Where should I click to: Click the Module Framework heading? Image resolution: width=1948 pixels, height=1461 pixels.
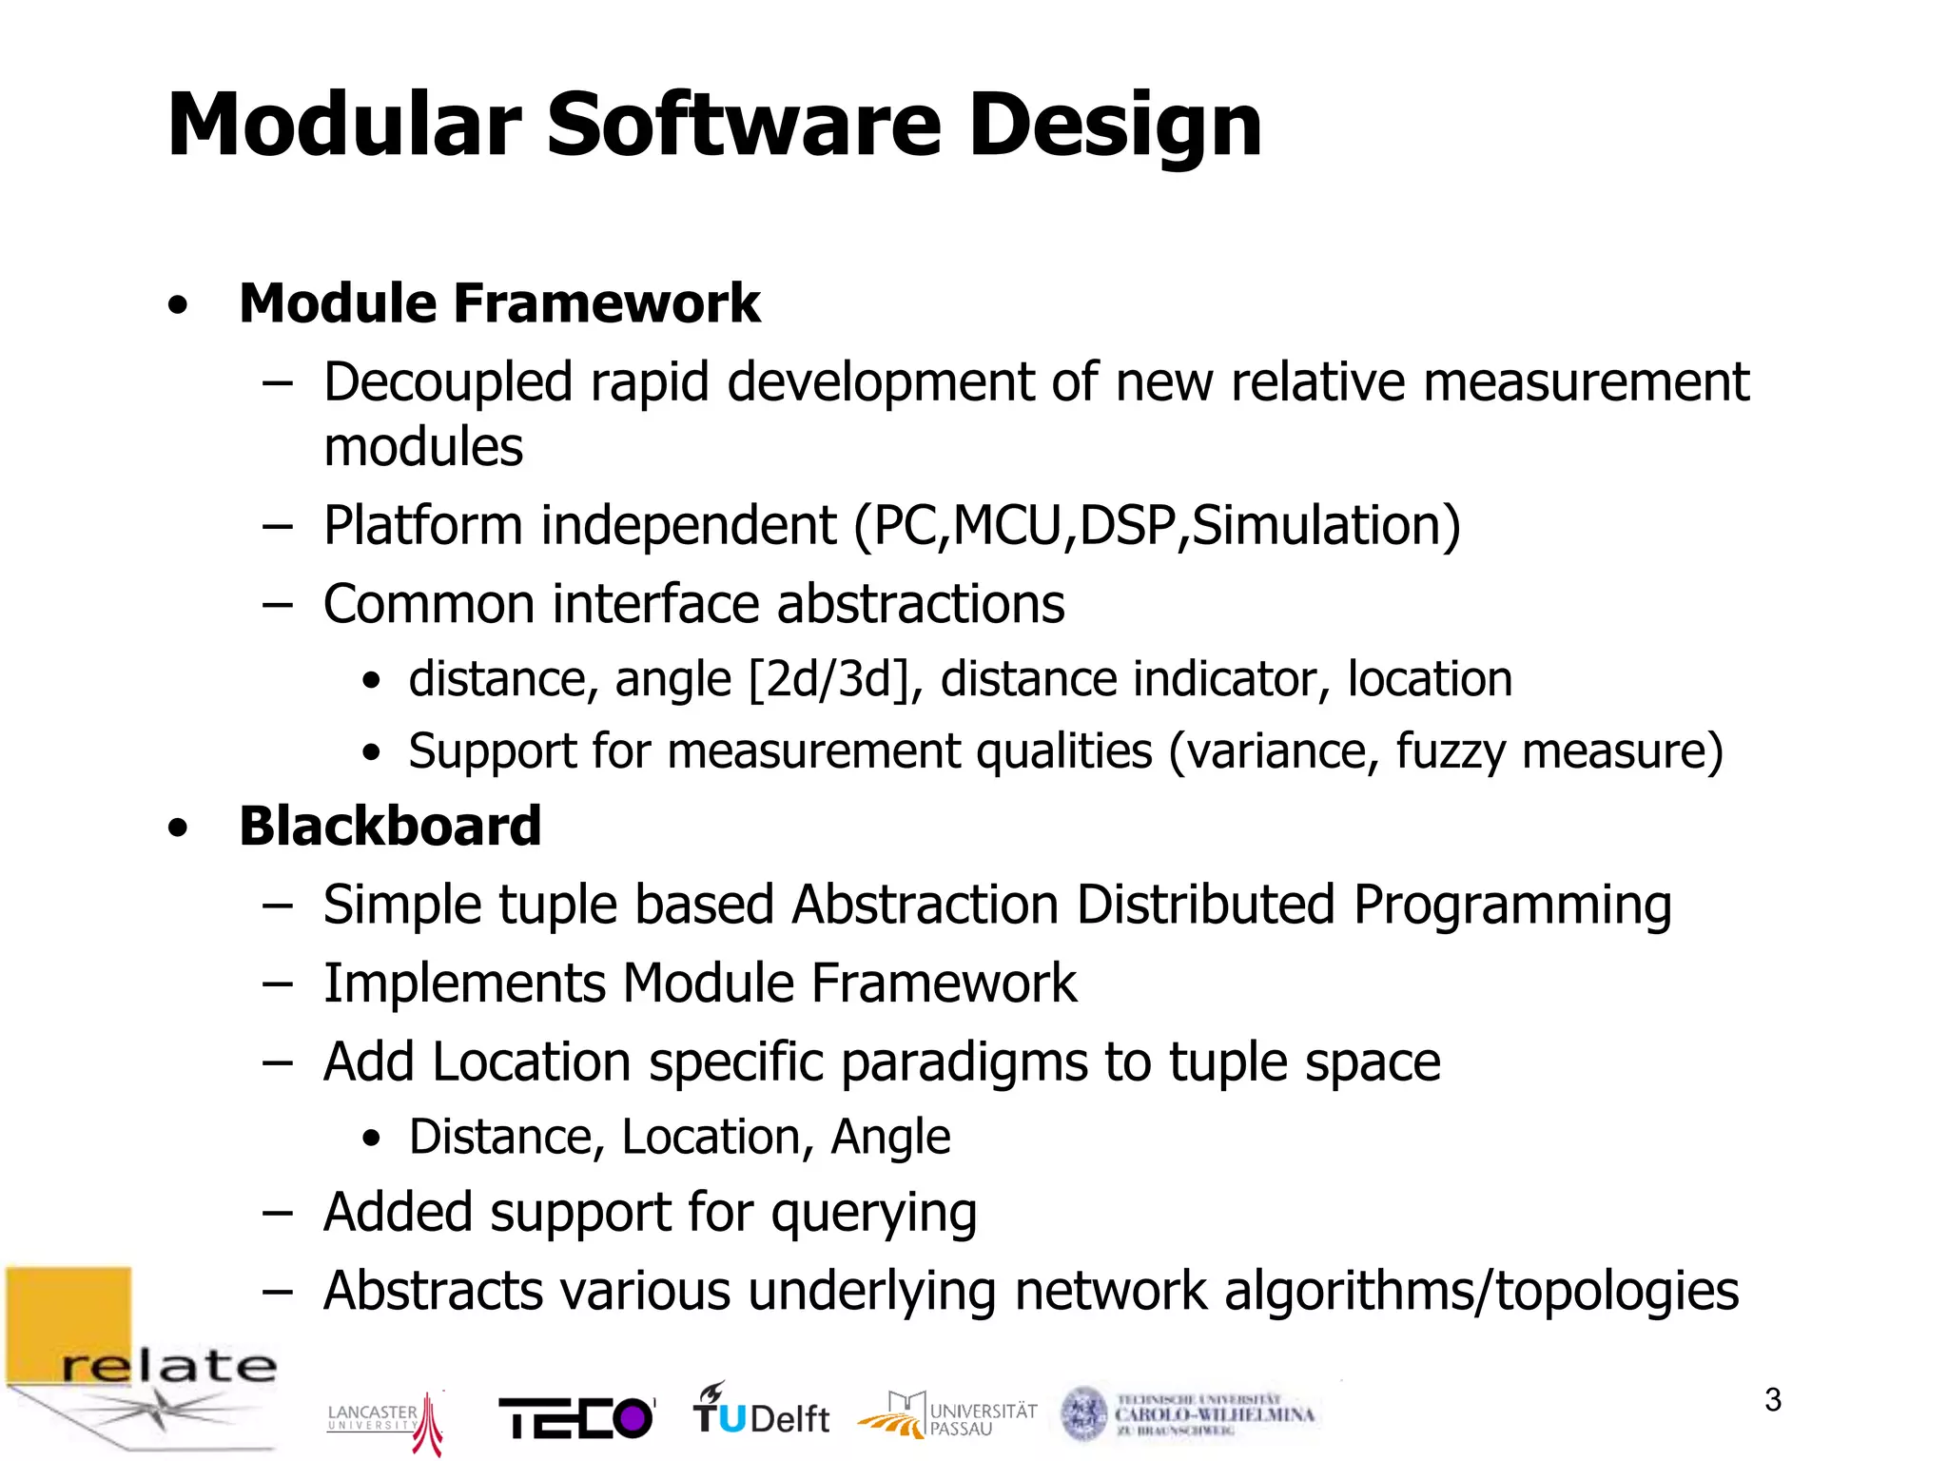[499, 303]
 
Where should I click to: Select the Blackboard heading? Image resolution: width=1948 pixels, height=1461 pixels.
[390, 826]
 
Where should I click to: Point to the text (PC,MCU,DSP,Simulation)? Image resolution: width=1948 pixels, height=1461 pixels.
[1157, 526]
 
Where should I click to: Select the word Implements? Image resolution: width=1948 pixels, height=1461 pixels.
[464, 983]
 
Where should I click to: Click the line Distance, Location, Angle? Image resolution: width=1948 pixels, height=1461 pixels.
[679, 1137]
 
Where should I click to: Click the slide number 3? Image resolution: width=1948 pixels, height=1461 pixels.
[1772, 1399]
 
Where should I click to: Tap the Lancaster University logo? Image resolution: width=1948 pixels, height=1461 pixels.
[385, 1420]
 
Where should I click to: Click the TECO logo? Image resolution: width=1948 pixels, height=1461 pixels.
[576, 1418]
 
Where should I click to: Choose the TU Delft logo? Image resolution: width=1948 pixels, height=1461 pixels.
[760, 1411]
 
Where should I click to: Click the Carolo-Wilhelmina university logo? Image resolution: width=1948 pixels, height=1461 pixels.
[1189, 1413]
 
